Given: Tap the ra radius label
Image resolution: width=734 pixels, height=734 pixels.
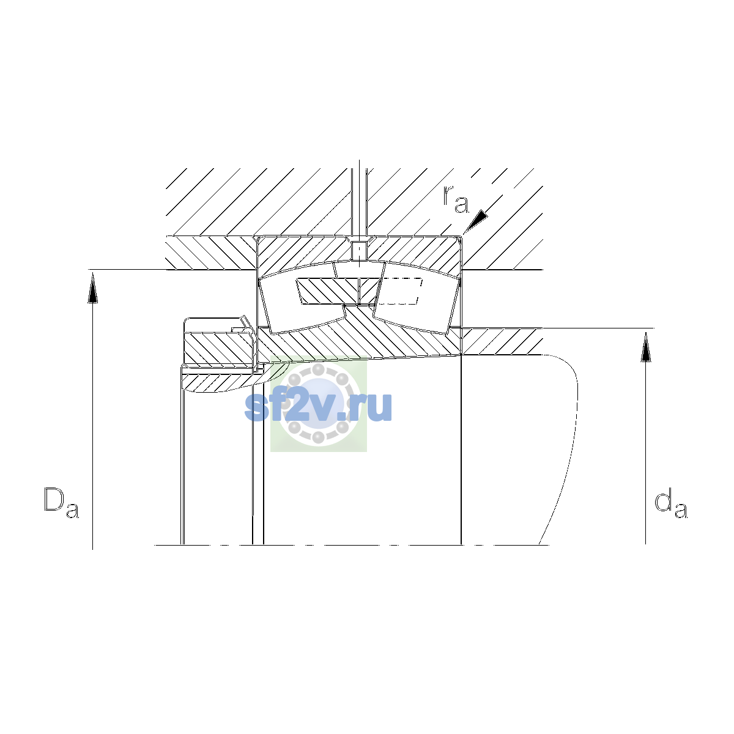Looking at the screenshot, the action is tap(456, 199).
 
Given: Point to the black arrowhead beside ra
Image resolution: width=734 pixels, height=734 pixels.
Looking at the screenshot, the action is tap(476, 221).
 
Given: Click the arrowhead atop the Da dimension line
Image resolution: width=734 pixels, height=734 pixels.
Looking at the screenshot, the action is tap(92, 289).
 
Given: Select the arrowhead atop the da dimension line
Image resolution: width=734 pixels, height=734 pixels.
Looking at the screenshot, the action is tap(646, 347).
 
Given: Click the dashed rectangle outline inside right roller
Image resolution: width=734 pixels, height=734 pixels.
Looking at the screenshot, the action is tap(399, 291).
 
